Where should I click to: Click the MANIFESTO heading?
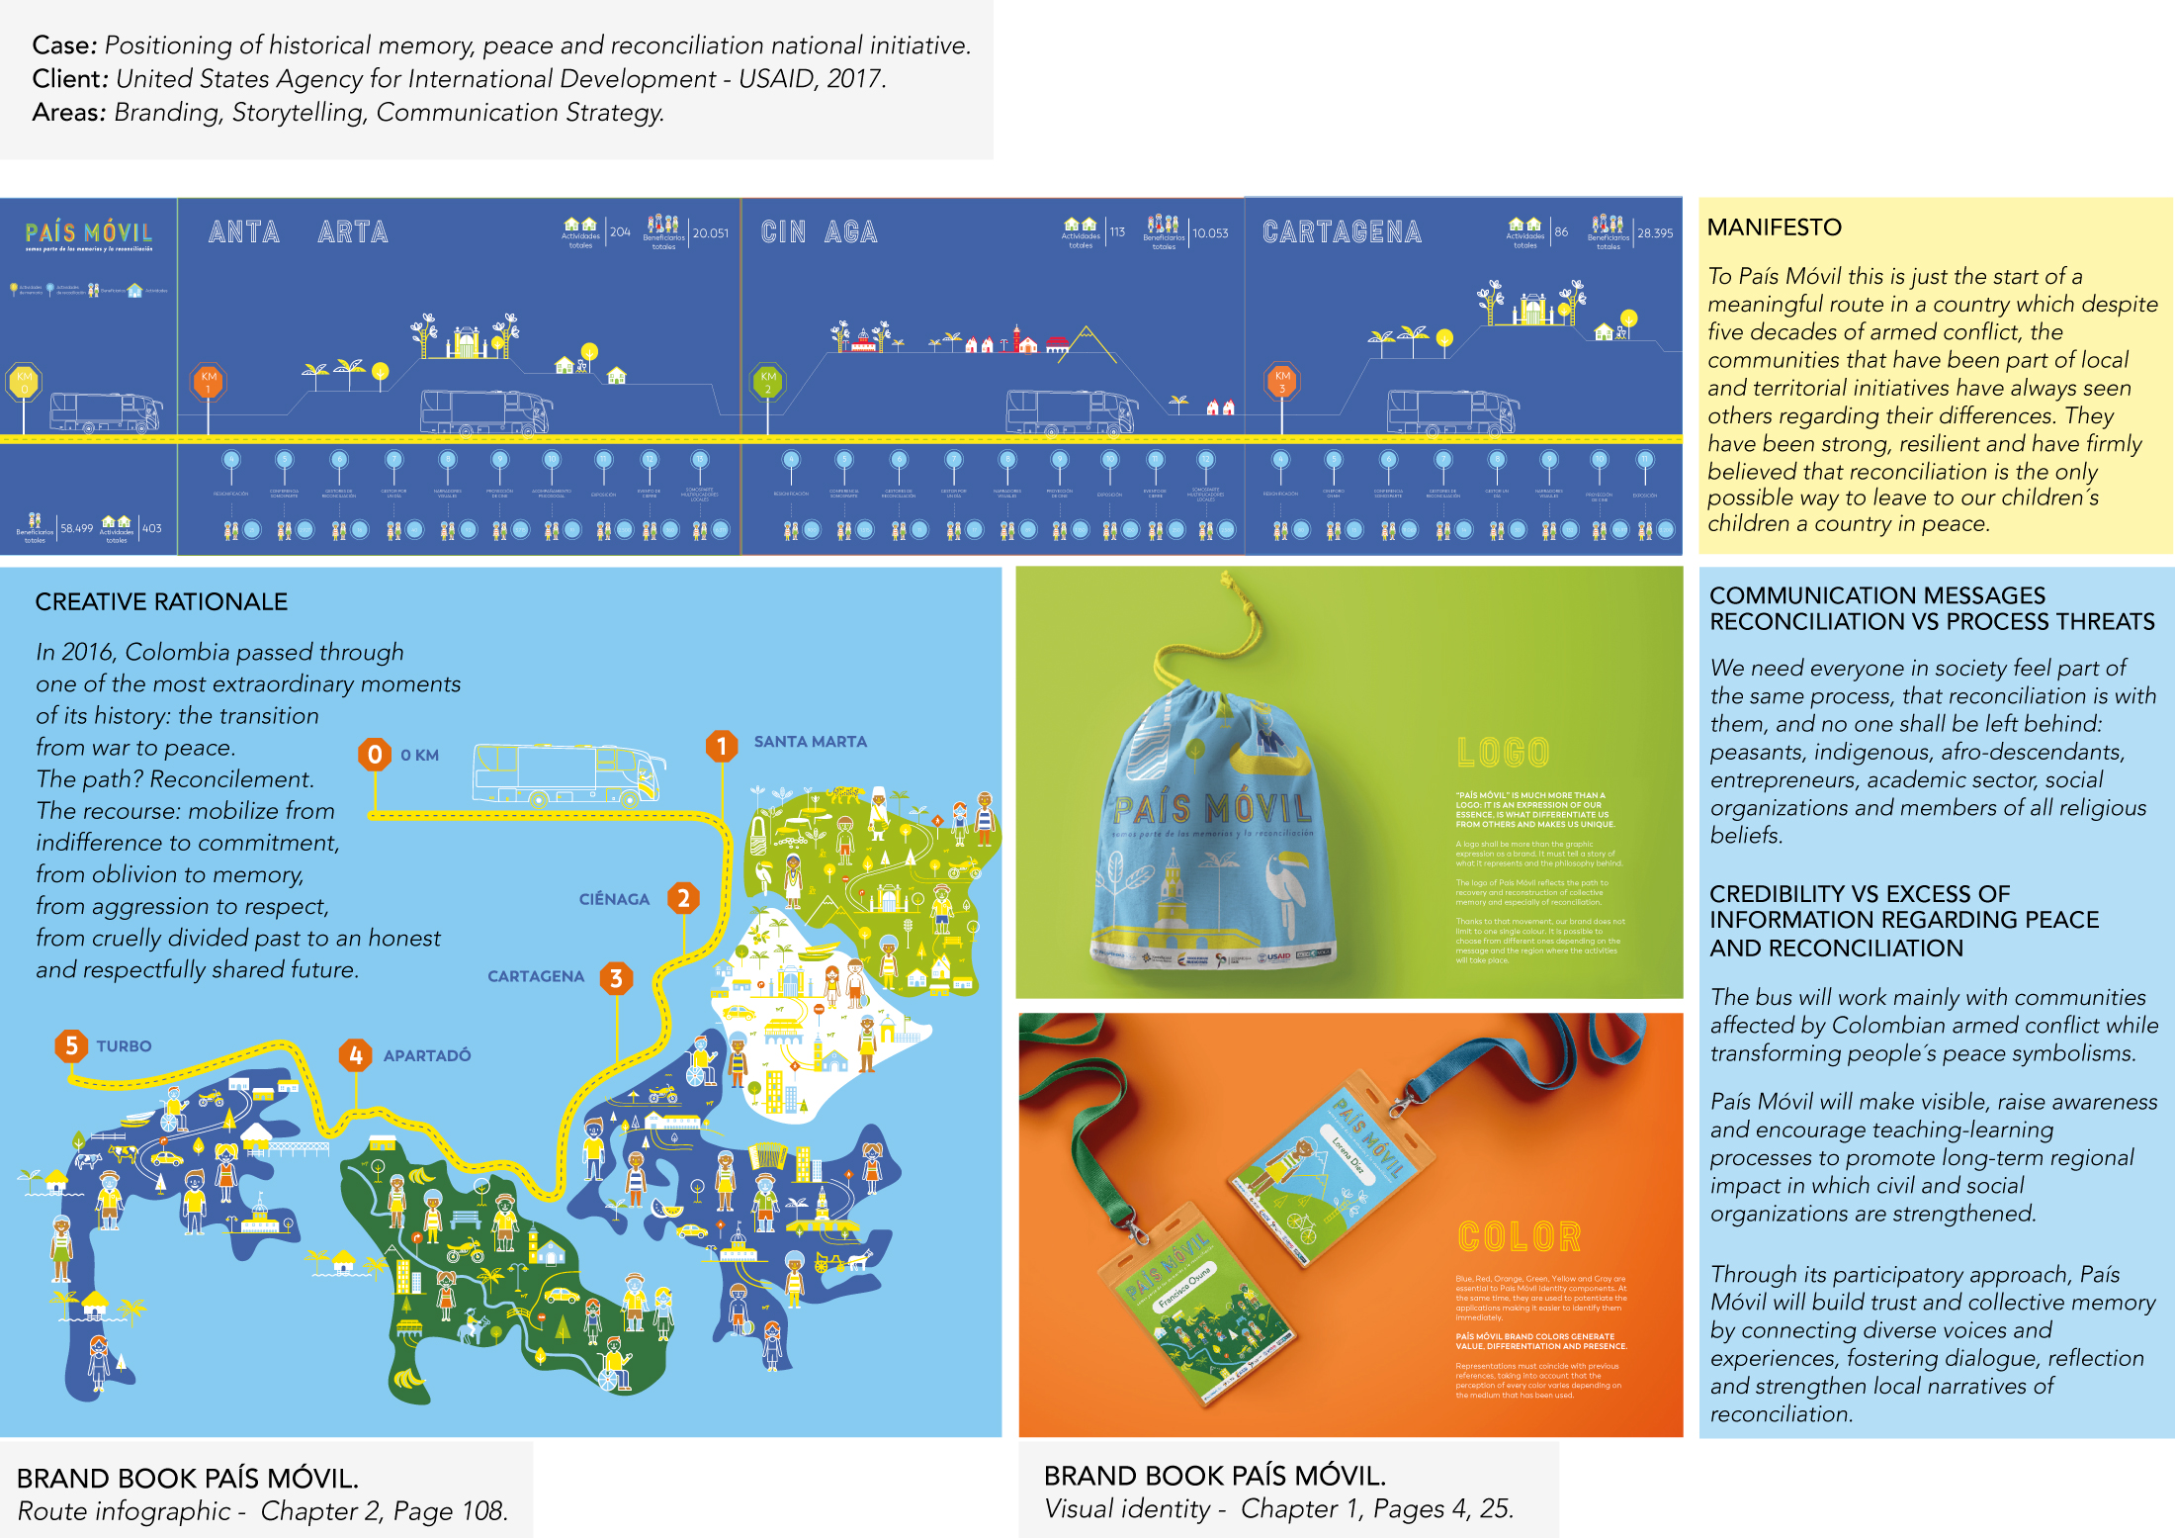click(1774, 227)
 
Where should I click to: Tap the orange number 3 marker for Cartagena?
click(616, 978)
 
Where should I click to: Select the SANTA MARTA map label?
click(810, 742)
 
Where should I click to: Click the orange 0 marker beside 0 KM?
click(375, 755)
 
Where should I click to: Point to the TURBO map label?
click(124, 1046)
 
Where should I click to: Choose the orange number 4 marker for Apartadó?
click(356, 1055)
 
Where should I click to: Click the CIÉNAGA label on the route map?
click(614, 899)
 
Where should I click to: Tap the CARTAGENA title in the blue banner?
click(1342, 232)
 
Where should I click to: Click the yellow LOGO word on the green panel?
click(1503, 753)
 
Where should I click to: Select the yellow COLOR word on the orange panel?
click(1520, 1236)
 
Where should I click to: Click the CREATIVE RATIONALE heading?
click(161, 601)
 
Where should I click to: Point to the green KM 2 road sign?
click(768, 381)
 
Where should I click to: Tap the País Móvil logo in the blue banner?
click(89, 234)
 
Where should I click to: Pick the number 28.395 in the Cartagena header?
click(1655, 233)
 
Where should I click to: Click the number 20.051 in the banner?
click(710, 233)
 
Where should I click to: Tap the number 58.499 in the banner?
click(77, 528)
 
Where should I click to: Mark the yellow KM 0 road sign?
click(25, 381)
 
